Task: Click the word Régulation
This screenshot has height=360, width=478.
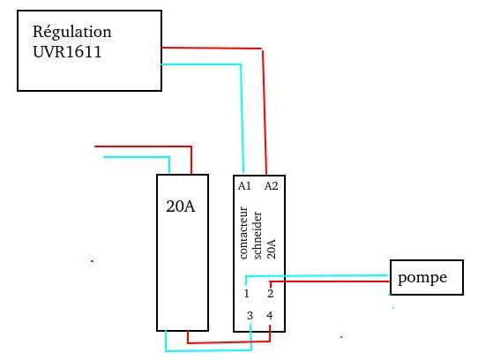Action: click(72, 33)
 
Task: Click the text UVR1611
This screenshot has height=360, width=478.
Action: click(67, 51)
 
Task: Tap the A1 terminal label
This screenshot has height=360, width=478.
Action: click(244, 186)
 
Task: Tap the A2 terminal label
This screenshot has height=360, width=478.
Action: click(271, 186)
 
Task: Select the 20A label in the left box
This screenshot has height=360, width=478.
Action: click(181, 206)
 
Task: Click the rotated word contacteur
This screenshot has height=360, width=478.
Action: click(243, 233)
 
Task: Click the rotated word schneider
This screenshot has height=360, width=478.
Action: click(258, 235)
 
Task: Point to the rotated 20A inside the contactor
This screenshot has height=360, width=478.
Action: click(271, 249)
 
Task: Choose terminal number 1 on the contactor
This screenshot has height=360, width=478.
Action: click(246, 294)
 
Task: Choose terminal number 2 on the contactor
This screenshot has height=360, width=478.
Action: click(270, 294)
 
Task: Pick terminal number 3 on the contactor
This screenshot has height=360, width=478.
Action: click(250, 316)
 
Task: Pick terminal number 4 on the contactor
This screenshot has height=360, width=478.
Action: click(270, 316)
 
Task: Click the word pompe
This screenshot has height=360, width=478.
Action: click(422, 278)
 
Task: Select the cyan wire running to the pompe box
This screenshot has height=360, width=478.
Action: click(317, 276)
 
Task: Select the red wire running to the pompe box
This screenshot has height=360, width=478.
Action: click(329, 281)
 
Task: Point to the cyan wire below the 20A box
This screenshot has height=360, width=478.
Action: click(208, 350)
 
